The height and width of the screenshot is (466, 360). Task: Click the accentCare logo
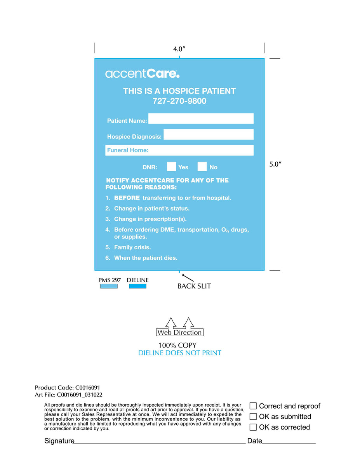tap(142, 73)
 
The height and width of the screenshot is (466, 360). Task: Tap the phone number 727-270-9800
tap(179, 101)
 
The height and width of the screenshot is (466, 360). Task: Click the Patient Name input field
tap(201, 119)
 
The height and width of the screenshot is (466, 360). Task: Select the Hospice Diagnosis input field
tap(208, 135)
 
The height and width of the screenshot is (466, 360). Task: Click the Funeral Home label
tap(128, 150)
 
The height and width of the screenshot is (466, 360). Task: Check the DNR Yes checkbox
tap(171, 167)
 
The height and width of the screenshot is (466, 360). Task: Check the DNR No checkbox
tap(202, 167)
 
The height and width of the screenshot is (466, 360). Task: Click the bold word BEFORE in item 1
tap(127, 198)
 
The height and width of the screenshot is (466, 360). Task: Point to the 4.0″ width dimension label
tap(179, 49)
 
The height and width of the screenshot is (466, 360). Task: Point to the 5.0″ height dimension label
tap(275, 164)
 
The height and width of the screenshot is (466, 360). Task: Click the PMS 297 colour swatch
tap(109, 286)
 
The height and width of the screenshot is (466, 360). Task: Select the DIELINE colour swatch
tap(137, 286)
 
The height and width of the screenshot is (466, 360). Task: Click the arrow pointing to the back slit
tap(188, 278)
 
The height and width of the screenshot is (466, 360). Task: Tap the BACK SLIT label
tap(194, 286)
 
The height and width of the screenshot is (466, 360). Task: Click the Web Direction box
tap(179, 332)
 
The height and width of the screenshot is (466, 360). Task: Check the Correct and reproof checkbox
tap(253, 406)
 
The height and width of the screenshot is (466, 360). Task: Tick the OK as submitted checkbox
tap(253, 417)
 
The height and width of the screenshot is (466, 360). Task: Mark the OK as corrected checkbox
tap(253, 427)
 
